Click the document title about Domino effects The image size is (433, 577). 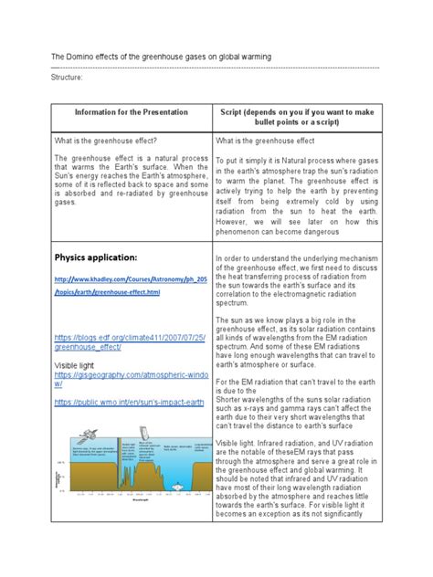[x=161, y=58]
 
